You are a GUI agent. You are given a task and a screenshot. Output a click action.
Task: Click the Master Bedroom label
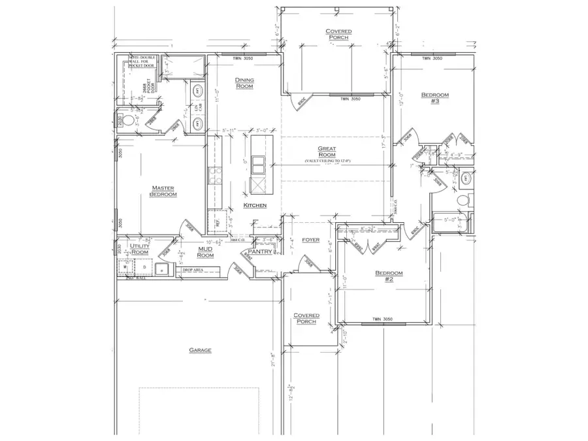click(163, 190)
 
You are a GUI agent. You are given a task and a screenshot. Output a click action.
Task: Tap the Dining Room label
click(244, 83)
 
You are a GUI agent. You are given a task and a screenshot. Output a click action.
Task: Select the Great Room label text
click(327, 152)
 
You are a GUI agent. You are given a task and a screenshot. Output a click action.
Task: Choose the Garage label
click(200, 350)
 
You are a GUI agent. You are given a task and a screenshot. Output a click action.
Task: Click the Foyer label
click(310, 240)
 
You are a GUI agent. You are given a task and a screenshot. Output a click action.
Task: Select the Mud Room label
click(207, 252)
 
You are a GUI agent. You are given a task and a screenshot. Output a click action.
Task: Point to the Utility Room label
click(140, 249)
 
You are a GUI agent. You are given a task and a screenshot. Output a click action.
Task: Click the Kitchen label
click(255, 205)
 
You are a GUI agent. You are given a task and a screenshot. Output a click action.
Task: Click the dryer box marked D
click(140, 267)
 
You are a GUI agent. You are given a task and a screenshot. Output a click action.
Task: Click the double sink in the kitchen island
click(257, 163)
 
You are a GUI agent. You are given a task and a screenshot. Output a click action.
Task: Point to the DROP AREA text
click(191, 269)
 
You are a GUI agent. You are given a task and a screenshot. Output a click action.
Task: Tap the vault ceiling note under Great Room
click(327, 161)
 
